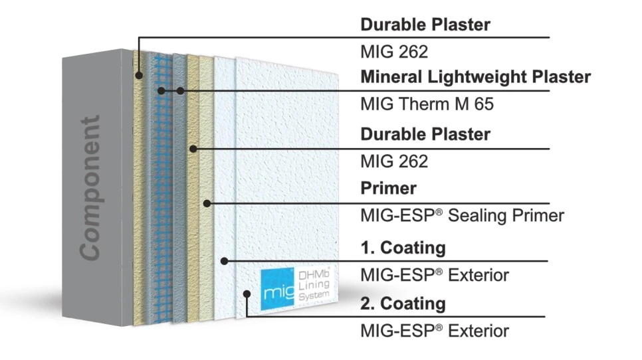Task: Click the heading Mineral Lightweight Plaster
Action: [475, 77]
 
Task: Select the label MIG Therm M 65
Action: [427, 104]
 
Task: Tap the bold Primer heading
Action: [388, 188]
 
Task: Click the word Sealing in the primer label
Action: [476, 216]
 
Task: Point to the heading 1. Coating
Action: [403, 248]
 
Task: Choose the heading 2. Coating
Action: [403, 304]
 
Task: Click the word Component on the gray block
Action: [90, 188]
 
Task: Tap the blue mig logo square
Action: [277, 289]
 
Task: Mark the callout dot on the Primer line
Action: [207, 203]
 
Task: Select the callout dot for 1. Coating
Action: [224, 260]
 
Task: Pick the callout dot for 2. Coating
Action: [247, 294]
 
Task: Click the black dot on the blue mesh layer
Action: [161, 90]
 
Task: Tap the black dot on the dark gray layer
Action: [180, 90]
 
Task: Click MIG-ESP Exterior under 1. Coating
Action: [435, 275]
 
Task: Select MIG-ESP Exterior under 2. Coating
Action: [435, 331]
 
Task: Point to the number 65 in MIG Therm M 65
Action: [484, 104]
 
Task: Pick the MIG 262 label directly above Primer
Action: [394, 161]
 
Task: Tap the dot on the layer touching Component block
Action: [139, 75]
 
